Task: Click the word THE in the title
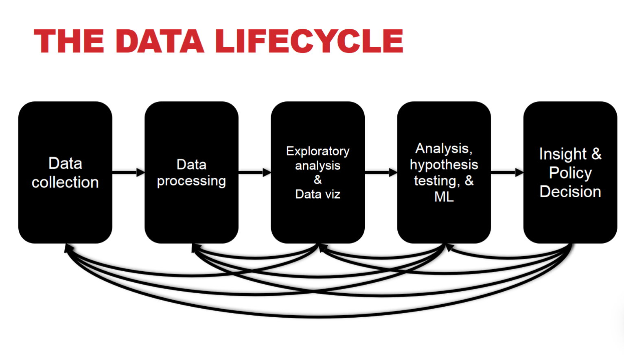pyautogui.click(x=69, y=41)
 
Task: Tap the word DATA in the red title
pyautogui.click(x=160, y=41)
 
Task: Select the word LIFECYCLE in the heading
pyautogui.click(x=309, y=41)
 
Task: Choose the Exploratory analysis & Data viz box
pyautogui.click(x=317, y=122)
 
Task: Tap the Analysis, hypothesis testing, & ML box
pyautogui.click(x=444, y=122)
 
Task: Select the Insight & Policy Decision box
pyautogui.click(x=570, y=122)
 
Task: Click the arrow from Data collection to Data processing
pyautogui.click(x=128, y=172)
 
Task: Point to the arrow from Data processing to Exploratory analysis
pyautogui.click(x=254, y=172)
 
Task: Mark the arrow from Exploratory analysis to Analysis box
pyautogui.click(x=381, y=172)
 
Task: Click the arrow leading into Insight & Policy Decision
pyautogui.click(x=507, y=172)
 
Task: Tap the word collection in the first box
pyautogui.click(x=65, y=182)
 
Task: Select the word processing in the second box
pyautogui.click(x=191, y=181)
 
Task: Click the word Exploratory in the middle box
pyautogui.click(x=317, y=151)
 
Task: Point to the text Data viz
pyautogui.click(x=317, y=194)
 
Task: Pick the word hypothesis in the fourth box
pyautogui.click(x=444, y=165)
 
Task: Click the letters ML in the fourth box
pyautogui.click(x=444, y=197)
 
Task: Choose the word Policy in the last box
pyautogui.click(x=570, y=173)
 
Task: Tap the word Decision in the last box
pyautogui.click(x=570, y=192)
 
